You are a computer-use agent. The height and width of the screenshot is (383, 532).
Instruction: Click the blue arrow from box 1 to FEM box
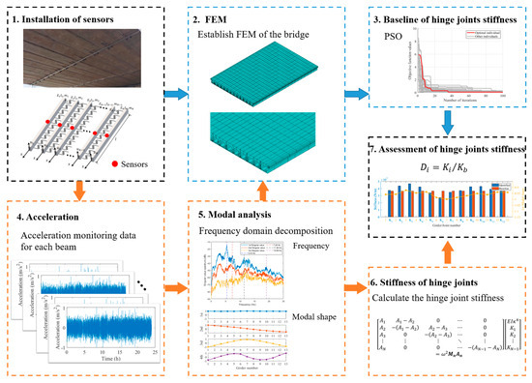coord(176,95)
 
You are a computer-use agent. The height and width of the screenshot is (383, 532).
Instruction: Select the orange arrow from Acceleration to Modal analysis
coord(177,287)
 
